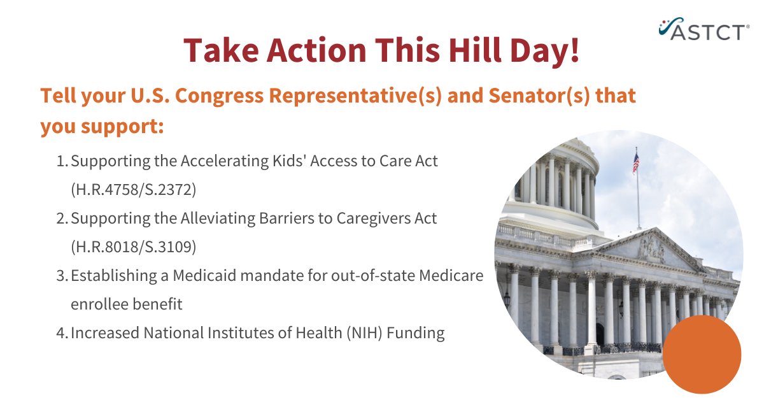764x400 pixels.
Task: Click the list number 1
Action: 61,161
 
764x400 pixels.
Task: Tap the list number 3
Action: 61,276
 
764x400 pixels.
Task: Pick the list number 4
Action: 61,332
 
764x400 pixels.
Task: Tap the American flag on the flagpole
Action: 635,162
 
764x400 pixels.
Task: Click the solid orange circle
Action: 702,354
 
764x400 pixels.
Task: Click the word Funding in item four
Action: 416,332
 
